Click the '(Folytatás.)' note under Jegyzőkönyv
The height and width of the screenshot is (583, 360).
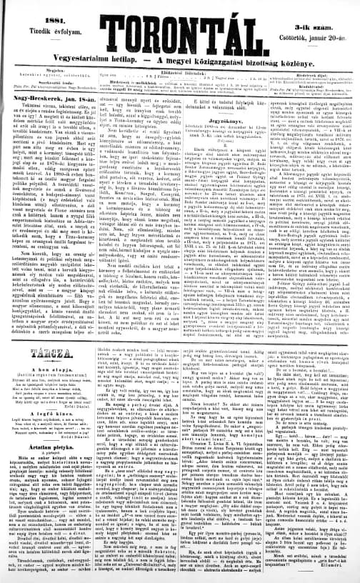(211, 149)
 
